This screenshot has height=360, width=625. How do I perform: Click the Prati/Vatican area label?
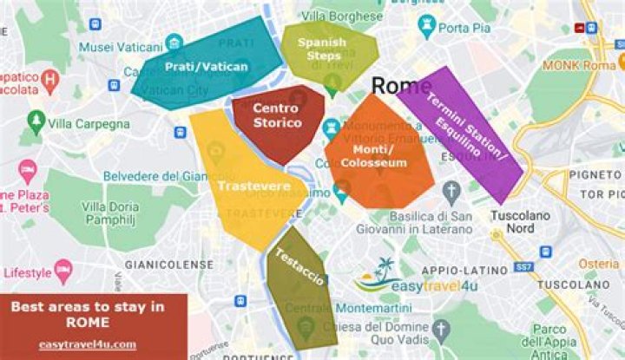point(207,65)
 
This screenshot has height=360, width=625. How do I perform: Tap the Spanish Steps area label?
point(321,49)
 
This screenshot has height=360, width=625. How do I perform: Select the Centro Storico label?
point(278,115)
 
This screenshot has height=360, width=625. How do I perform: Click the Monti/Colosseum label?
point(373,155)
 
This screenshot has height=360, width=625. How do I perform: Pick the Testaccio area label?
point(299,268)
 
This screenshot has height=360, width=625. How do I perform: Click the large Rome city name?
point(400,85)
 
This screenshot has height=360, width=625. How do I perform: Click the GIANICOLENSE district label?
point(168,263)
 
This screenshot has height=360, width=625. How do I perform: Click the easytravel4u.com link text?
point(87,344)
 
